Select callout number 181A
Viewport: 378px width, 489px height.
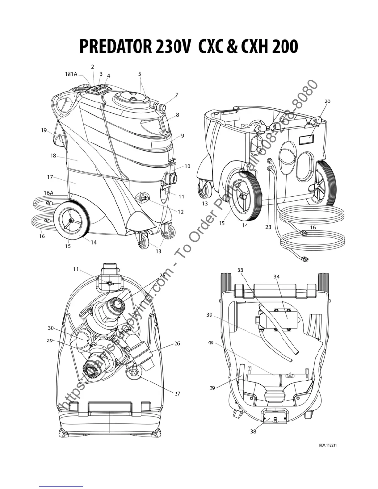pos(71,74)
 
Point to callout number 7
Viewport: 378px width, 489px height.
pos(177,95)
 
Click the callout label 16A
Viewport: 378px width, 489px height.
pos(48,193)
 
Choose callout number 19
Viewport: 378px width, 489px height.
pos(44,130)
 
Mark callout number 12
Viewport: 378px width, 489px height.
pos(181,212)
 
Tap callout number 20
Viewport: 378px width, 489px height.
pos(327,101)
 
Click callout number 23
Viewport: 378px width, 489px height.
pos(268,227)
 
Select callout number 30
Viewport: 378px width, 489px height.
pos(51,328)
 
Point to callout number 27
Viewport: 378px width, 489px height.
pos(178,394)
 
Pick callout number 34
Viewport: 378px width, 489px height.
pos(276,277)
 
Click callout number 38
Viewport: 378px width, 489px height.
pos(253,431)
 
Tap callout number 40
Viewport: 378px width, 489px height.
pos(211,343)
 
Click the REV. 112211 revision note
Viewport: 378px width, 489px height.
pos(327,445)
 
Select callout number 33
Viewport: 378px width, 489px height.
pos(240,270)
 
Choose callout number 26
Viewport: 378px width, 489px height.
pos(177,343)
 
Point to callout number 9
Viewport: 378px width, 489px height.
pos(183,136)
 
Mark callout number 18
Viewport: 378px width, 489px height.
pos(53,156)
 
